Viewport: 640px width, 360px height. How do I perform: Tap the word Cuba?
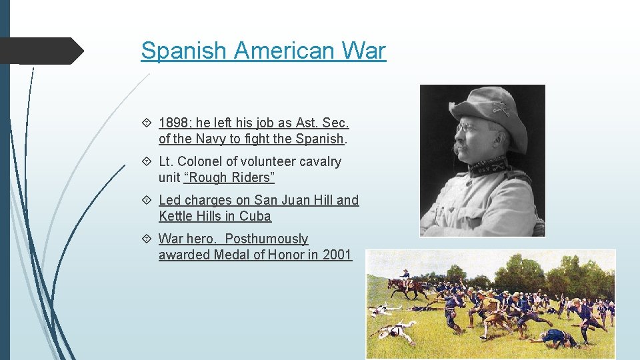click(x=255, y=216)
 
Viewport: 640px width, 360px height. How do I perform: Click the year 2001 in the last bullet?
click(x=337, y=255)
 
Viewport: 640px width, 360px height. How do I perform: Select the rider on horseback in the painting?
click(x=405, y=276)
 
